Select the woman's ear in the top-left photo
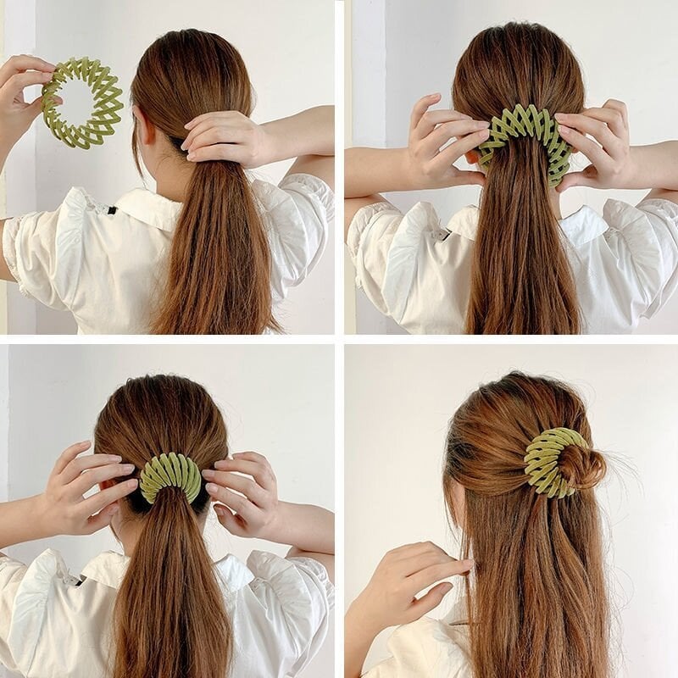point(142,127)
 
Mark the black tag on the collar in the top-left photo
point(111,208)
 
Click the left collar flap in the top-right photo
point(462,222)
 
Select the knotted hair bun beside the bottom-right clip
point(583,466)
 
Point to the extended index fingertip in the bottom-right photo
point(468,563)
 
